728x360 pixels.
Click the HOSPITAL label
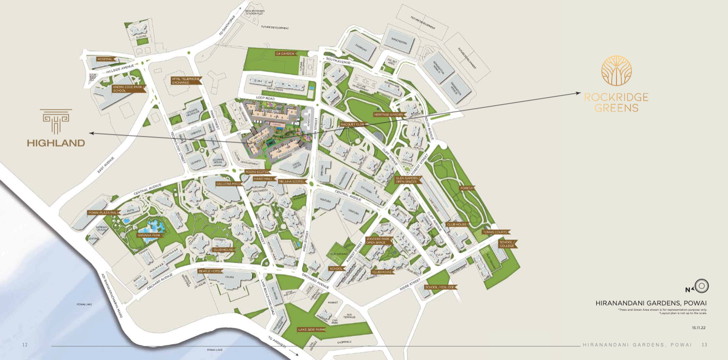(105, 59)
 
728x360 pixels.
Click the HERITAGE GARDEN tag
(388, 115)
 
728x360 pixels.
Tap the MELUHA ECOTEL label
(292, 181)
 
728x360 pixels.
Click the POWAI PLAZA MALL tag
(103, 212)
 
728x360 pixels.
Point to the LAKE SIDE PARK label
(311, 330)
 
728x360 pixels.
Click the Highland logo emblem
(56, 121)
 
